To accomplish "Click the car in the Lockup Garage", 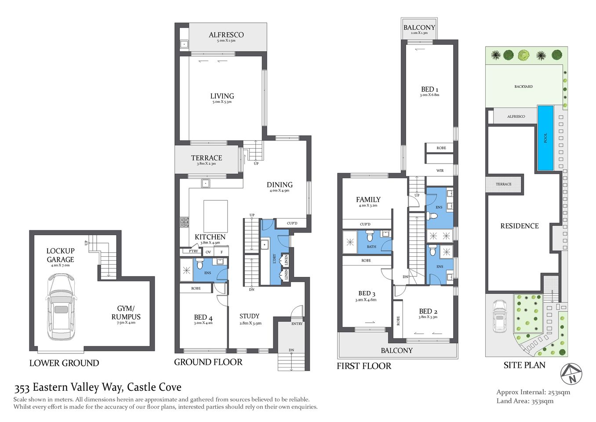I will point(61,306).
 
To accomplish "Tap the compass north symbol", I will point(571,374).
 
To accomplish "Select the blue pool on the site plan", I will point(545,138).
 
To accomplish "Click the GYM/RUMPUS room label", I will point(126,313).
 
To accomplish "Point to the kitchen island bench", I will point(215,216).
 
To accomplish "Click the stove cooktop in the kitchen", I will point(184,222).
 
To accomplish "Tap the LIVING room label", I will point(222,96).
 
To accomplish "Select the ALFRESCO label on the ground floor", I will point(226,35).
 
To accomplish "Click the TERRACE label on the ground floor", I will point(206,158).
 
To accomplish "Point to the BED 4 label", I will point(203,317).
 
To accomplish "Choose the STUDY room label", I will point(249,316).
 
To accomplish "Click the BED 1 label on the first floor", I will point(429,89).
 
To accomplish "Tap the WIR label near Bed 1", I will point(440,171).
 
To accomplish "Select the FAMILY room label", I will point(368,200).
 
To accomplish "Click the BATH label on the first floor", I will point(371,247).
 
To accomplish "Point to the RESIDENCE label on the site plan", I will point(519,226).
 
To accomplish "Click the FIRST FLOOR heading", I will point(363,366).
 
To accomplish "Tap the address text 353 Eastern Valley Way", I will point(98,387).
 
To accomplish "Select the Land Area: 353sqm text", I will point(525,401).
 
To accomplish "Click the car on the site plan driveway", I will point(499,316).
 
